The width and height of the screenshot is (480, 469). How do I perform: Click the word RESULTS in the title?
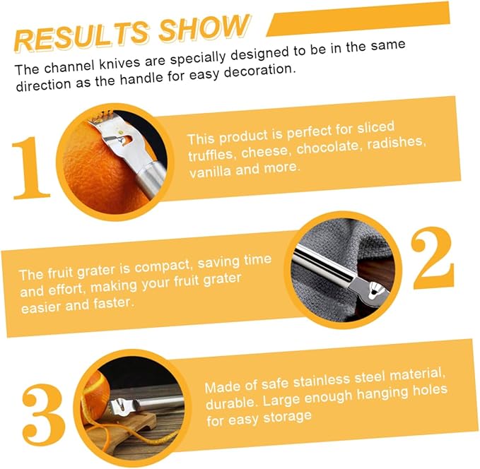(82, 37)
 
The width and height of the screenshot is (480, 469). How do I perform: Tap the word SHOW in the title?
(204, 28)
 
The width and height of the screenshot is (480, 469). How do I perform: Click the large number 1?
(30, 168)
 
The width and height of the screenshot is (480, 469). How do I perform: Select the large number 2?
(432, 258)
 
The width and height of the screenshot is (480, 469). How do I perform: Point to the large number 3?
(43, 415)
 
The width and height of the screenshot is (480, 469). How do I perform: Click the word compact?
(163, 267)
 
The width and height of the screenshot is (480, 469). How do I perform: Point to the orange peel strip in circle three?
(129, 437)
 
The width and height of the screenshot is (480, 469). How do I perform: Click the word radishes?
(397, 143)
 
